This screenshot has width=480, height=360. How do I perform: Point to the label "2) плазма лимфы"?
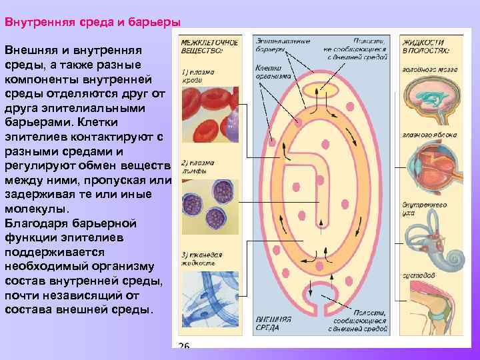click(x=197, y=167)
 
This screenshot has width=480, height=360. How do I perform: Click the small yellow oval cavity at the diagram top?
click(x=319, y=77)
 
